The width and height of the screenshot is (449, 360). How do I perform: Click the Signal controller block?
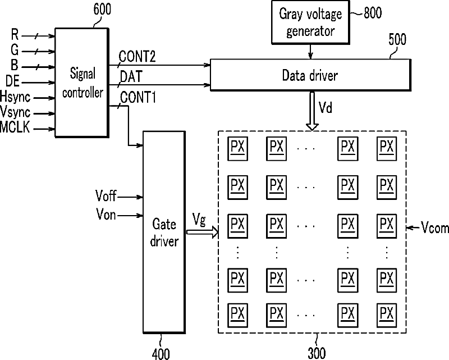[82, 83]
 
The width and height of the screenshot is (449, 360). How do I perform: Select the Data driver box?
[311, 75]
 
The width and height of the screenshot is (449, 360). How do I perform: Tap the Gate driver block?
[164, 232]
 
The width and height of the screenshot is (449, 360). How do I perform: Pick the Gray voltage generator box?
[311, 22]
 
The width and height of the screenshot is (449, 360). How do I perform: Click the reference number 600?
[102, 9]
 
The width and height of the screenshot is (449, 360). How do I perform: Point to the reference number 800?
[373, 13]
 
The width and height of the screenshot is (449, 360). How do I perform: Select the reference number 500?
[397, 39]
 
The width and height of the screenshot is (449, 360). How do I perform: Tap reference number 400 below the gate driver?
[161, 354]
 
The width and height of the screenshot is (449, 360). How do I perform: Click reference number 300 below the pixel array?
[317, 353]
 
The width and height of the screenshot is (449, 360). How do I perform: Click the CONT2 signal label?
[137, 57]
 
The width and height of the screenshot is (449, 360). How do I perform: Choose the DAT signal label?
[131, 76]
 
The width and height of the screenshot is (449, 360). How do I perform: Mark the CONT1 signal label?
[138, 98]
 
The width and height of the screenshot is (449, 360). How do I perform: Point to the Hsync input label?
[15, 97]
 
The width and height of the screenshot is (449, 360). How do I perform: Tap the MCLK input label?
[15, 127]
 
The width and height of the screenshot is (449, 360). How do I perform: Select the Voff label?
[106, 196]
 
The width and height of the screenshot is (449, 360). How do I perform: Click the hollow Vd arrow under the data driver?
[312, 111]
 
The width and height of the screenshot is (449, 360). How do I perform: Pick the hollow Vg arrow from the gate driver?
[203, 232]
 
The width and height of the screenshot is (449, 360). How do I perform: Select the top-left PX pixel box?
[237, 148]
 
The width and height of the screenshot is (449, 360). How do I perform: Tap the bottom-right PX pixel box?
[387, 315]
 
